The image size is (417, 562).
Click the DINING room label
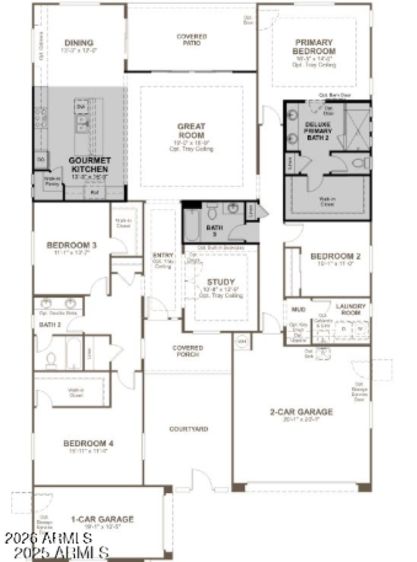coord(79,43)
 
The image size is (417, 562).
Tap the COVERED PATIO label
coord(191,40)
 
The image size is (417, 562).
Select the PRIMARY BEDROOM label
coord(314,47)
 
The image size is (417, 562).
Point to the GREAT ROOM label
coord(191,130)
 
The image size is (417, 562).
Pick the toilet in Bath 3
coord(212,212)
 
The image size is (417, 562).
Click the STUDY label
coord(221,282)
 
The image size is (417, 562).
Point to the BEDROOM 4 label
coord(88,444)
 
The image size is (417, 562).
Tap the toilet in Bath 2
coord(51,360)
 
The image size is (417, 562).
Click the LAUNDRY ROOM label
coord(350,309)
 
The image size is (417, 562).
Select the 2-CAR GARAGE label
coord(301,412)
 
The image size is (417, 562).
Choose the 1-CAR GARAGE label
coord(102,519)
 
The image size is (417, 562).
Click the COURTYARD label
coord(188,429)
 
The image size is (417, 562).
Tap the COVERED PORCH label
coord(188,351)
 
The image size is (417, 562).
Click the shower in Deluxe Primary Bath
coord(359,126)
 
